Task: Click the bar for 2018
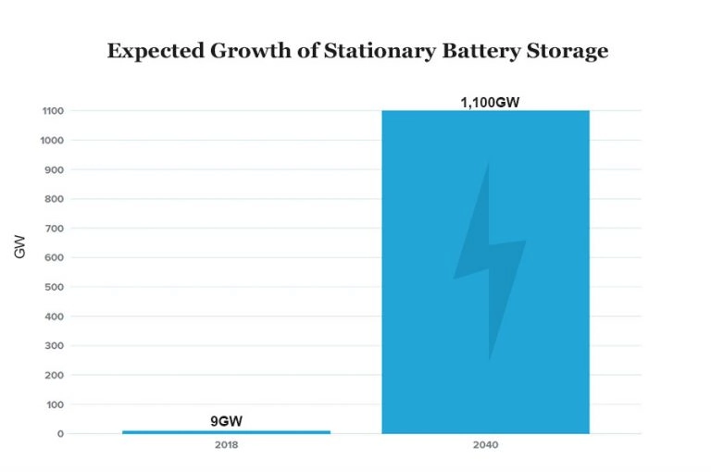click(226, 431)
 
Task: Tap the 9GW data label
click(226, 421)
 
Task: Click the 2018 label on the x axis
click(226, 446)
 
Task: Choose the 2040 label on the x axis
click(485, 446)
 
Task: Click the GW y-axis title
click(19, 249)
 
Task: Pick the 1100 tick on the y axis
click(52, 111)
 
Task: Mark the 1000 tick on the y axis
click(52, 141)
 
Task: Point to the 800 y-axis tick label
click(55, 199)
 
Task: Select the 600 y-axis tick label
click(55, 257)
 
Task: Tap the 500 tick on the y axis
click(55, 287)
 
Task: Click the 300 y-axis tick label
click(55, 345)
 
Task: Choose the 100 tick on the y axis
click(55, 404)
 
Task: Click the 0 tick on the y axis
click(60, 434)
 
